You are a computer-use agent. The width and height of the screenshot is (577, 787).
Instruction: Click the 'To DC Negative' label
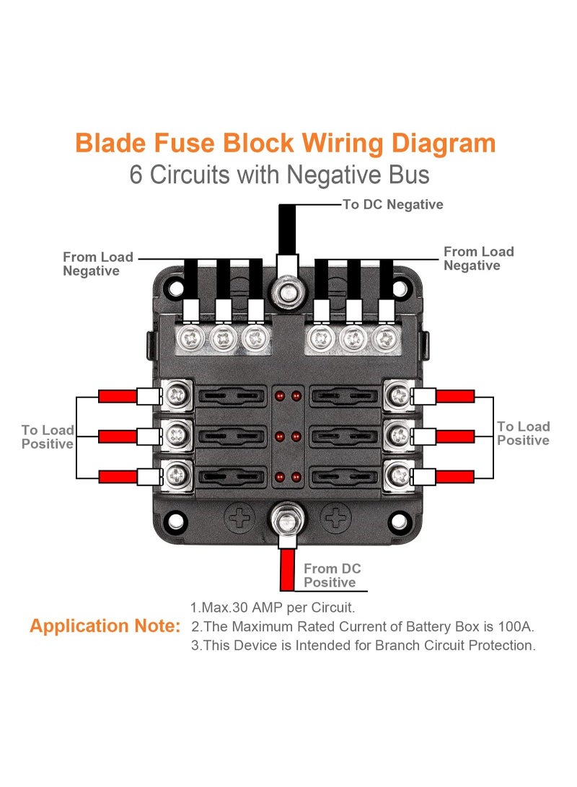point(392,205)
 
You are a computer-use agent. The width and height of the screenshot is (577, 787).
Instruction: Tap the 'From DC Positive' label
point(332,576)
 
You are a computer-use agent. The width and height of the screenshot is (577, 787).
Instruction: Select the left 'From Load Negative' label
point(97,263)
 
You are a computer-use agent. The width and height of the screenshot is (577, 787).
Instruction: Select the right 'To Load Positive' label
point(523,434)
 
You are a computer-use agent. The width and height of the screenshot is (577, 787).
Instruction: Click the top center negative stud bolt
point(286,293)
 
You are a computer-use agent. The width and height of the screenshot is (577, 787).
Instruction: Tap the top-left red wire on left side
point(117,396)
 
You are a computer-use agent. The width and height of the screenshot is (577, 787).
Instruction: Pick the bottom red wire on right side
point(455,476)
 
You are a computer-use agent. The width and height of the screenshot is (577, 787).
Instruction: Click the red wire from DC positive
point(286,570)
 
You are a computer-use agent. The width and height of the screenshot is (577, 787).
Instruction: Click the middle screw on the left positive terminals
point(176,435)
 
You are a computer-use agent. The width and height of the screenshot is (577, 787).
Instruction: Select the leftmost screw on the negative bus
point(192,337)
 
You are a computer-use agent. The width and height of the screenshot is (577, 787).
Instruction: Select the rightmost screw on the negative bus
point(386,337)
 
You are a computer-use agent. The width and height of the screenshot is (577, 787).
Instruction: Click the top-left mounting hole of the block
point(174,286)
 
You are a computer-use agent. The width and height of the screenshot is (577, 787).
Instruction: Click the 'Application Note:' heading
point(105,625)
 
